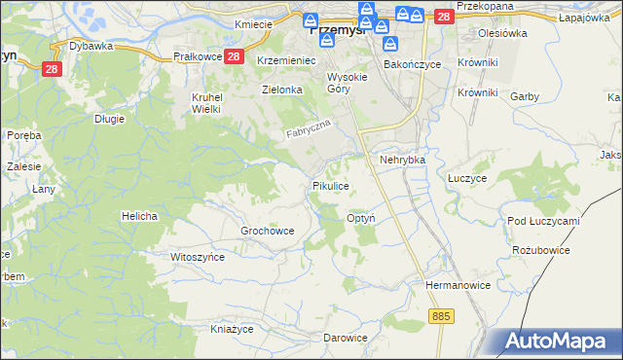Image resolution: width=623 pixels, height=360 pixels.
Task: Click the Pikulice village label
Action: (329, 185)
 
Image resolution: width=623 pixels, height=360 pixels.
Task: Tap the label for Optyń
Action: (361, 219)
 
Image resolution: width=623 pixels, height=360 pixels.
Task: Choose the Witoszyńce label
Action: (198, 257)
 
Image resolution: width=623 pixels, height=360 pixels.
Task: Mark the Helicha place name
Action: (139, 215)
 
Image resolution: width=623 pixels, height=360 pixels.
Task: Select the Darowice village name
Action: (346, 338)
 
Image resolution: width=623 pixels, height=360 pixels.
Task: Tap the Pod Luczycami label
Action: (543, 221)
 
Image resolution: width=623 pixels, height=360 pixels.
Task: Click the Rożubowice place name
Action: (540, 250)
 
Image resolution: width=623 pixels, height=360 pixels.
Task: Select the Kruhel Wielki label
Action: (206, 104)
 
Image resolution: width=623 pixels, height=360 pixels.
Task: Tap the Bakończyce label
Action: (412, 64)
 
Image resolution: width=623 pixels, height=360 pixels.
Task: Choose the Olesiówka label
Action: (502, 32)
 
